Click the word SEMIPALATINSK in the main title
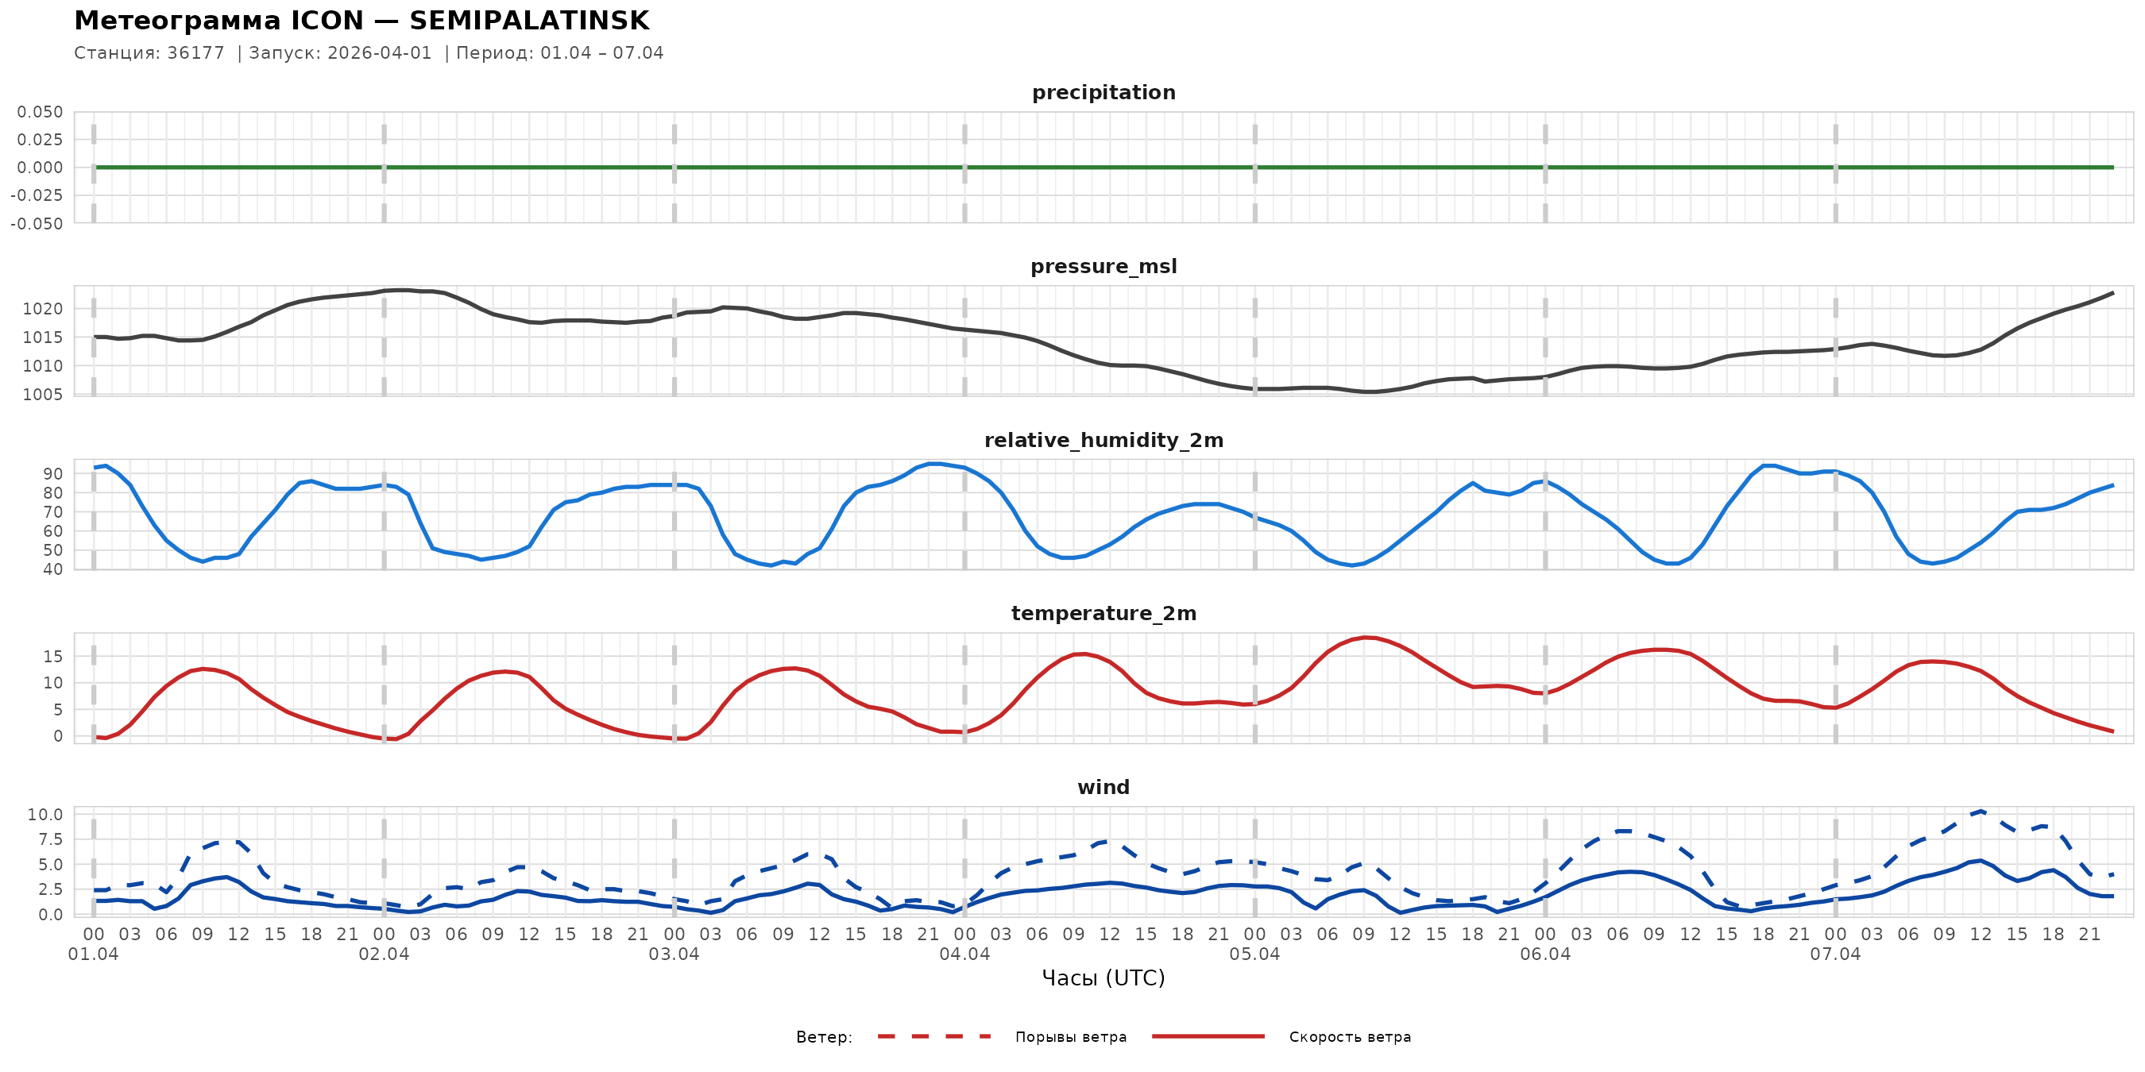pos(529,21)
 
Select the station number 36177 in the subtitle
pos(195,53)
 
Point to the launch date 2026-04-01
pos(380,53)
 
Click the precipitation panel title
pos(1103,92)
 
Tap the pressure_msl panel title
pos(1103,266)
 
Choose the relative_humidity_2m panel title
pos(1103,440)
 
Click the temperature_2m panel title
pos(1103,613)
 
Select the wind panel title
pos(1103,788)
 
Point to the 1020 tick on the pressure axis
pos(42,309)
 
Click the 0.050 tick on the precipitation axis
pos(40,111)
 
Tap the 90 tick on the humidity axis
pos(52,473)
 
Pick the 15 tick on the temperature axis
pos(52,657)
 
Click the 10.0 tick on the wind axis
pos(44,815)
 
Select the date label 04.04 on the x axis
pos(964,954)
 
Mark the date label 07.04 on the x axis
pos(1835,954)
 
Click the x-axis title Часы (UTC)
pos(1103,978)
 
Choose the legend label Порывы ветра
pos(1071,1037)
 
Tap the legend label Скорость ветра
pos(1350,1037)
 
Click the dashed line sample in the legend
pos(934,1037)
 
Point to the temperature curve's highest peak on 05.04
pos(1367,638)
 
